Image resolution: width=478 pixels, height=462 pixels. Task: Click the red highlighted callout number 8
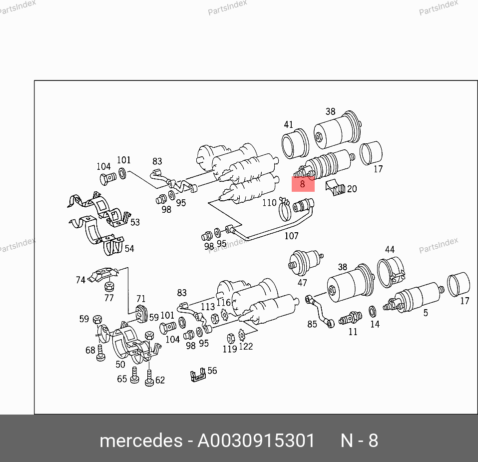pos(302,184)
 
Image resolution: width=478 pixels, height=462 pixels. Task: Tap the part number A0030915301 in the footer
pos(256,441)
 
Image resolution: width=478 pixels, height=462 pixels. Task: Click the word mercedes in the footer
pos(141,441)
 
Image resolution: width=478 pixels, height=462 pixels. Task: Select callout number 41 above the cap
pos(288,124)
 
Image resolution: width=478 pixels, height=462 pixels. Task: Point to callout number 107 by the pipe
pos(291,236)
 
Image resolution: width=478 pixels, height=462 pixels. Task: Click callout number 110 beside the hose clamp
pos(269,203)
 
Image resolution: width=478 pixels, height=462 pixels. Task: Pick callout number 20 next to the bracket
pos(352,189)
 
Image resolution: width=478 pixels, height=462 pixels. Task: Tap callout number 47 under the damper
pos(302,283)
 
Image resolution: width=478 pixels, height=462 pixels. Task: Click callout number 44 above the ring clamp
pos(390,250)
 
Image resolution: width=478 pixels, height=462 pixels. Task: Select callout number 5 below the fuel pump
pos(426,313)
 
